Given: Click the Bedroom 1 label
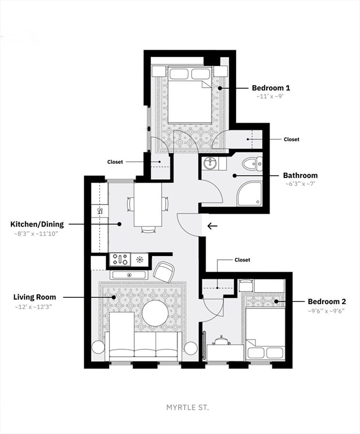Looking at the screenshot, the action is pyautogui.click(x=271, y=88).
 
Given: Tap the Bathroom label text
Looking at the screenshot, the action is pyautogui.click(x=300, y=176).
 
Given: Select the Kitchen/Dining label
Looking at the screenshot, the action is pyautogui.click(x=37, y=224).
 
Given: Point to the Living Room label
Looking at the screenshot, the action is pyautogui.click(x=34, y=297).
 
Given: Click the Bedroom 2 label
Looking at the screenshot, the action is pyautogui.click(x=327, y=301).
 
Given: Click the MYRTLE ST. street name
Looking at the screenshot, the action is pyautogui.click(x=188, y=407).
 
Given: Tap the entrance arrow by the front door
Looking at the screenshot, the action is pyautogui.click(x=212, y=226).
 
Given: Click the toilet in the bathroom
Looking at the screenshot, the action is pyautogui.click(x=252, y=164).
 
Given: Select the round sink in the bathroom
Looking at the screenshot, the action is pyautogui.click(x=211, y=163).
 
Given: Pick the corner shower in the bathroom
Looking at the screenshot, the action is pyautogui.click(x=249, y=194).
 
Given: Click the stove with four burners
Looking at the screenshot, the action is pyautogui.click(x=120, y=259).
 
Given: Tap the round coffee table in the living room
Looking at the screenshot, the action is pyautogui.click(x=155, y=313).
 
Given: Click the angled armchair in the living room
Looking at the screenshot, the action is pyautogui.click(x=164, y=271).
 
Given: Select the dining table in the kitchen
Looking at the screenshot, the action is pyautogui.click(x=148, y=204).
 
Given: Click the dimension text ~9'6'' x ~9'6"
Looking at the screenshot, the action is pyautogui.click(x=326, y=311).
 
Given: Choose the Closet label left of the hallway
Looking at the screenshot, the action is pyautogui.click(x=115, y=162).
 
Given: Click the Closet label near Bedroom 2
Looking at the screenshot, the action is pyautogui.click(x=242, y=260).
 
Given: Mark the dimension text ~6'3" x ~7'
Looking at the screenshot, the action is pyautogui.click(x=301, y=184).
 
